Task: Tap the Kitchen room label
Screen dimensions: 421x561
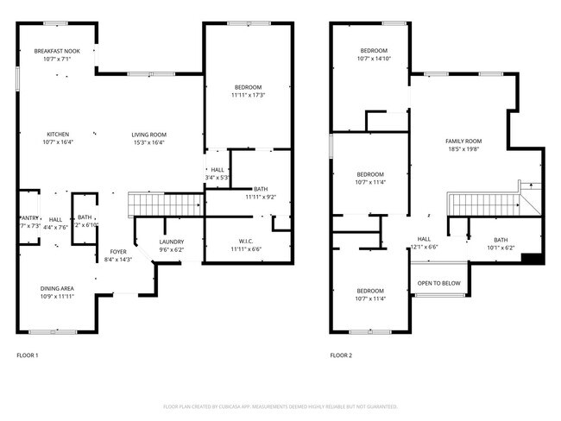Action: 58,135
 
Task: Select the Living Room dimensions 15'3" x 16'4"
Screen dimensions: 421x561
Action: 148,142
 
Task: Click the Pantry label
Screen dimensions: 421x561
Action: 28,218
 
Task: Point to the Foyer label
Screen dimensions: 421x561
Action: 117,252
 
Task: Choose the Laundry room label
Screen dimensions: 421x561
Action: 172,242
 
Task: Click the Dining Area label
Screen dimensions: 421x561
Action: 56,288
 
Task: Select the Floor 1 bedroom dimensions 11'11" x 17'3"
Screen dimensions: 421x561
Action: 247,95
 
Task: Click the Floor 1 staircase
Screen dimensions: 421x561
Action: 165,204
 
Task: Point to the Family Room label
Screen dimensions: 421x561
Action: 463,141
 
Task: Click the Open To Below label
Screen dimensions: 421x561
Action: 438,283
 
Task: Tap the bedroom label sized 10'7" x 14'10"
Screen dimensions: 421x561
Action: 374,59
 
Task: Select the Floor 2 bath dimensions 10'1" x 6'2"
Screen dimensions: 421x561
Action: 501,248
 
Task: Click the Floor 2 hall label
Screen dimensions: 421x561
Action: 424,239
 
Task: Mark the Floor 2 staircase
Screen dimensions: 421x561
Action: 483,205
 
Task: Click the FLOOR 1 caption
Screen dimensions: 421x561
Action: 28,355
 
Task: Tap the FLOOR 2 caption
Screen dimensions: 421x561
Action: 342,355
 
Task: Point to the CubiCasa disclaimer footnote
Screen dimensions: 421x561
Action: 280,406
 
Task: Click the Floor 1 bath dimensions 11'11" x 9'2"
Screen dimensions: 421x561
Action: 260,197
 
